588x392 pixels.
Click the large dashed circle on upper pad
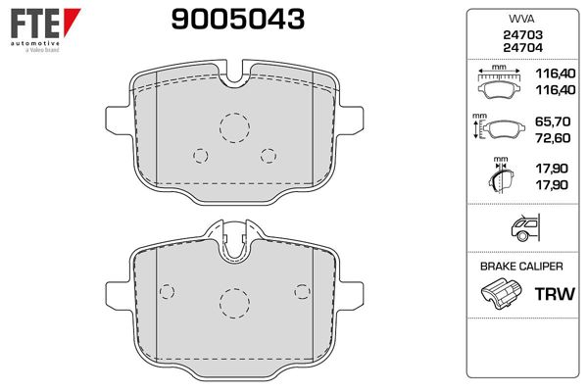[x=235, y=127]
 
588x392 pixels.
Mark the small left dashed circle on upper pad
[x=201, y=156]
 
